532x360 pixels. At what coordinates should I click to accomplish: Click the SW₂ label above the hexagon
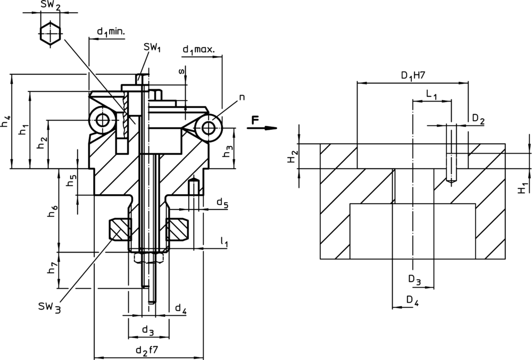pyautogui.click(x=51, y=6)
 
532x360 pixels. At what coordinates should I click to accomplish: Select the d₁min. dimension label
pyautogui.click(x=111, y=32)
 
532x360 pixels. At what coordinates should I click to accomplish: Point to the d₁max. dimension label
pyautogui.click(x=198, y=50)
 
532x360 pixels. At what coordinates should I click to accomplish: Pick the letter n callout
pyautogui.click(x=242, y=97)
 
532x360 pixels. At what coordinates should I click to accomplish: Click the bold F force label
pyautogui.click(x=255, y=121)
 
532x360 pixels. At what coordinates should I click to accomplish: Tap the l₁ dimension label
pyautogui.click(x=224, y=242)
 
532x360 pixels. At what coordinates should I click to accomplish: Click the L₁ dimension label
pyautogui.click(x=431, y=94)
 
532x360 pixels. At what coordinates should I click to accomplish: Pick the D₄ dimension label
pyautogui.click(x=412, y=300)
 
